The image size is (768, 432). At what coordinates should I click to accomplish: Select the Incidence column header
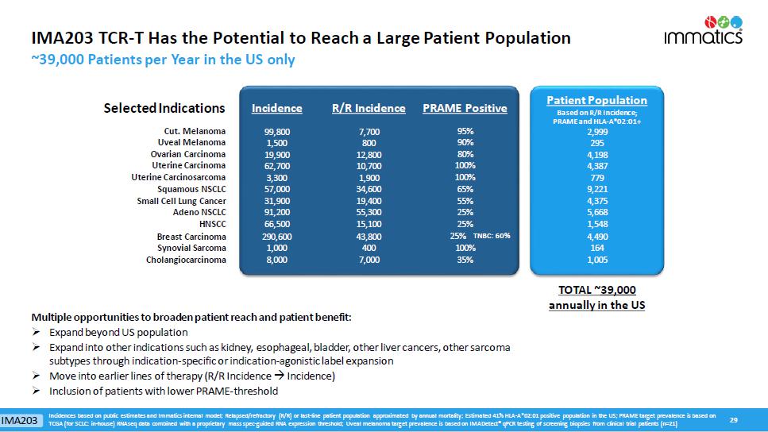pos(276,108)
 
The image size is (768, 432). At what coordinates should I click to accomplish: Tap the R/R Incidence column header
pos(368,108)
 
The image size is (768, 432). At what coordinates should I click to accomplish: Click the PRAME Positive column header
pos(465,108)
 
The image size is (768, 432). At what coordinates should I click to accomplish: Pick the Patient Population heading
pos(596,100)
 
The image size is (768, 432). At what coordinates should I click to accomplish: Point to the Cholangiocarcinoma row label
pos(186,260)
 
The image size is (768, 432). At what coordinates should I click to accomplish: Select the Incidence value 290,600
pos(276,237)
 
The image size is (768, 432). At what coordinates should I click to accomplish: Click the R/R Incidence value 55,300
pos(369,212)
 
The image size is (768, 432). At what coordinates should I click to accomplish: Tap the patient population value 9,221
pos(596,190)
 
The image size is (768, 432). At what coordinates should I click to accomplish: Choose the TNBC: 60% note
pos(491,236)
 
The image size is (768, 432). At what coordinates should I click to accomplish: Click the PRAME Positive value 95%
pos(465,131)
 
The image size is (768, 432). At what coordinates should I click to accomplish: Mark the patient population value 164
pos(596,248)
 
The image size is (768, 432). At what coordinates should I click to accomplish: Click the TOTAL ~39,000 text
pos(596,291)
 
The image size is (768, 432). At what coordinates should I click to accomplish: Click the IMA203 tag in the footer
pos(21,419)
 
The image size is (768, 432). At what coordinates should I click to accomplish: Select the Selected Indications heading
pos(164,108)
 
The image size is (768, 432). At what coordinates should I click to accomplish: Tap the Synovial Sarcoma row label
pos(191,248)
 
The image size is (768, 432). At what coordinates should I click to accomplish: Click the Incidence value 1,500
pos(276,142)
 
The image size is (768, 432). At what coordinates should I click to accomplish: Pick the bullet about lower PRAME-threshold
pos(164,391)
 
